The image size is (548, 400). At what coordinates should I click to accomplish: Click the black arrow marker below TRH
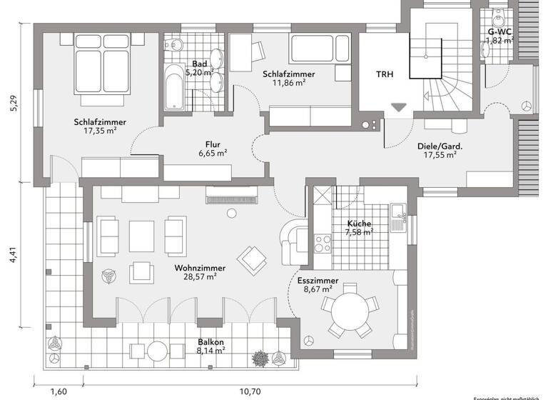coord(398,108)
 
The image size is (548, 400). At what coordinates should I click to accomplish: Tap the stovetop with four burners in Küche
coord(323,242)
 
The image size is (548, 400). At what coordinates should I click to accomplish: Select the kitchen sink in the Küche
coord(397,211)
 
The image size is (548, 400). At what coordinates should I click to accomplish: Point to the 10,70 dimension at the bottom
coord(248,391)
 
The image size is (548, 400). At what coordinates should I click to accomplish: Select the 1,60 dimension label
coord(59,391)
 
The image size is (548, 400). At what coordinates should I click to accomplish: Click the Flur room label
coord(213,142)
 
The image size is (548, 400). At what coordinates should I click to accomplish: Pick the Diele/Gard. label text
coord(440,146)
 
